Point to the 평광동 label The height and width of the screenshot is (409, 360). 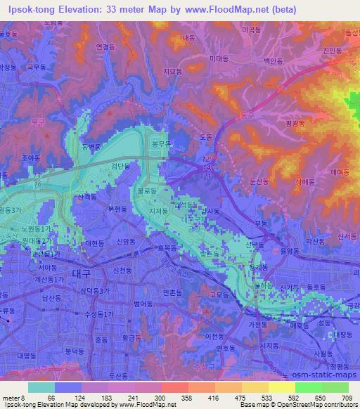pyautogui.click(x=296, y=123)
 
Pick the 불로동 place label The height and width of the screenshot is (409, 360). pyautogui.click(x=146, y=190)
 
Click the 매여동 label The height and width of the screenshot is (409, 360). pyautogui.click(x=340, y=171)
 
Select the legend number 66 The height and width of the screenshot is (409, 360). pyautogui.click(x=51, y=398)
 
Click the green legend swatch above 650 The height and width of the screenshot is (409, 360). pyautogui.click(x=308, y=387)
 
